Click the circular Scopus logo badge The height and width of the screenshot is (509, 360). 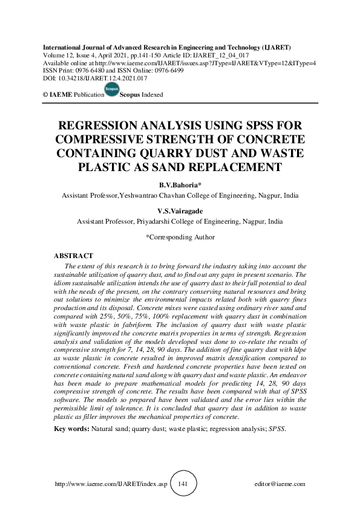pos(112,91)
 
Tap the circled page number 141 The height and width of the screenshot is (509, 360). pos(185,484)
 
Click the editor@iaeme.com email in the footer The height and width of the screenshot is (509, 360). pos(281,484)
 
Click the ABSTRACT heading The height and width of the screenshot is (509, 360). pos(73,256)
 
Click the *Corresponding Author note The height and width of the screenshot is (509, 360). pos(180,238)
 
